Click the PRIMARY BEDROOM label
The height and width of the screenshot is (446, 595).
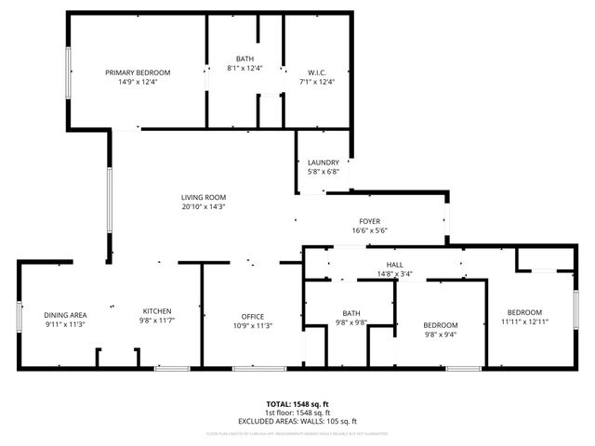tap(138, 72)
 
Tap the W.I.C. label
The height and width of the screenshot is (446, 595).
tap(316, 72)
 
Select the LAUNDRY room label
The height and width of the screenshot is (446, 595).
tap(324, 163)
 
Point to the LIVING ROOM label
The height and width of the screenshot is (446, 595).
tap(204, 197)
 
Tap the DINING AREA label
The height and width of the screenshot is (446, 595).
tap(65, 314)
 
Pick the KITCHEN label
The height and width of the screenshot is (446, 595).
tap(157, 310)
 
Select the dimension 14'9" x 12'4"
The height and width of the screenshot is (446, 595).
tap(138, 82)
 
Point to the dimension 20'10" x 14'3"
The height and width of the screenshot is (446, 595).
tap(204, 206)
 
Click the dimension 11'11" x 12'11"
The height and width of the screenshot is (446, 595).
tap(524, 321)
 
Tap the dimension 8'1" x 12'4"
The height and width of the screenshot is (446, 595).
tap(245, 68)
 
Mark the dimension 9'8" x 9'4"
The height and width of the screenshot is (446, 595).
tap(441, 334)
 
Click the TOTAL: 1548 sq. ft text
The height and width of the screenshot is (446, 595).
tap(297, 404)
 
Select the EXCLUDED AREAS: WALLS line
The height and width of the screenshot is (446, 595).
tap(297, 421)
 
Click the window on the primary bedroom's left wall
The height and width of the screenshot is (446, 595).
tap(68, 71)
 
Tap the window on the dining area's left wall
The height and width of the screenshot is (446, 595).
tap(19, 316)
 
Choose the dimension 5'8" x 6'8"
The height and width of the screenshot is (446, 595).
tap(324, 172)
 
